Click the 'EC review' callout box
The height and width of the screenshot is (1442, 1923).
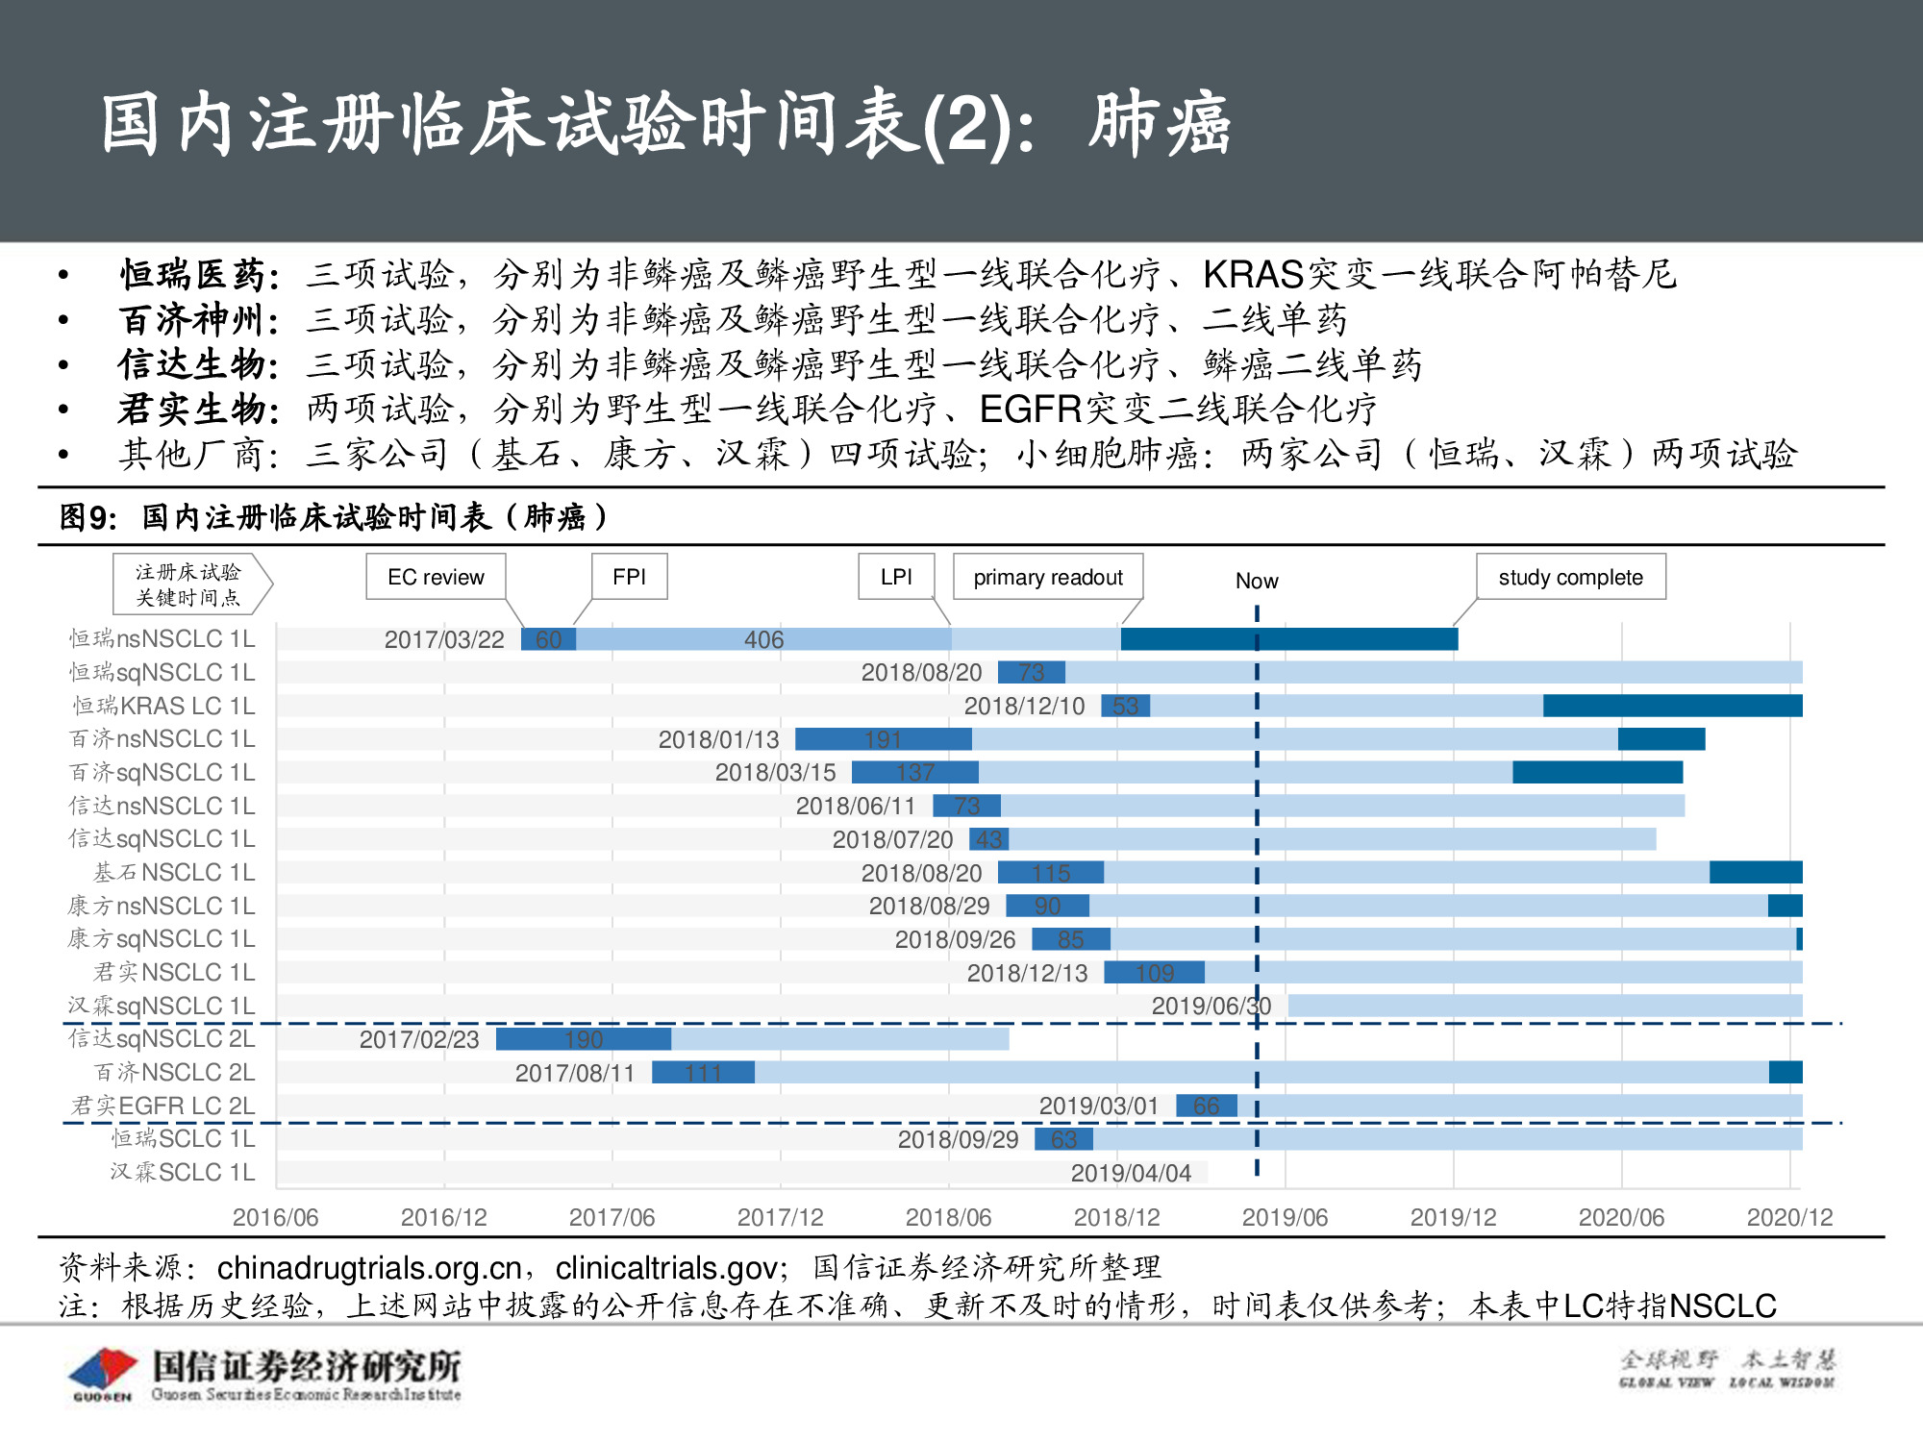(436, 577)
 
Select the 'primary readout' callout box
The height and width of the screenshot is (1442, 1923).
(1047, 577)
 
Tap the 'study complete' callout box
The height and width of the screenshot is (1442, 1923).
(1570, 577)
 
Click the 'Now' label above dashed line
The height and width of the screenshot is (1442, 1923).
(1257, 581)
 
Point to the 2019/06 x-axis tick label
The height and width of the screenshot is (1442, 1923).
(1285, 1217)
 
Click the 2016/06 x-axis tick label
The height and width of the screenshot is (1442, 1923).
(275, 1217)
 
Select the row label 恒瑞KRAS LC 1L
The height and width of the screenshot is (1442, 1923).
(163, 706)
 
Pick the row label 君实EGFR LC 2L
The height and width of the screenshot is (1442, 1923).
(162, 1106)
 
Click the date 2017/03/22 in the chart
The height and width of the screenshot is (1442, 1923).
(444, 640)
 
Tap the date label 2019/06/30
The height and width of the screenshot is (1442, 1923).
(1211, 1007)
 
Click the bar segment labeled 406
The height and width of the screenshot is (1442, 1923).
(763, 639)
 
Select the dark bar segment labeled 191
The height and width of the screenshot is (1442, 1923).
(883, 739)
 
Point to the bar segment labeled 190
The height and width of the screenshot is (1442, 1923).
(584, 1039)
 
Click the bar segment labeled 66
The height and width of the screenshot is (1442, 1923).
(1206, 1106)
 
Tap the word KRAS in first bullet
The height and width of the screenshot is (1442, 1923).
(1253, 275)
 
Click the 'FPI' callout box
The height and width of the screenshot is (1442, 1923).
(629, 577)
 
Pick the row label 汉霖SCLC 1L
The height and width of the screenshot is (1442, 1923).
(182, 1173)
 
